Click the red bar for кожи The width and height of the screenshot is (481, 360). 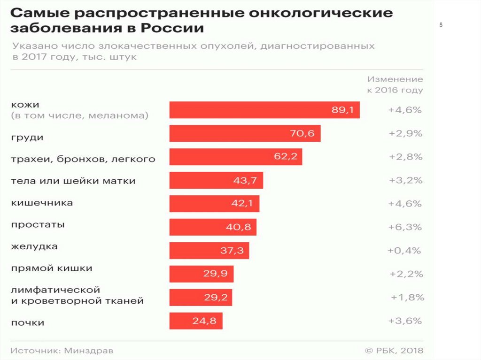pos(264,110)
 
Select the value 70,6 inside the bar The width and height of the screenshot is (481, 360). pos(302,133)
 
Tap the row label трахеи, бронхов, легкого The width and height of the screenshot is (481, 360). pos(83,159)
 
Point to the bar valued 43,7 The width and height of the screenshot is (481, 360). pos(216,180)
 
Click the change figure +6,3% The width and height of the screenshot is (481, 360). pos(405,227)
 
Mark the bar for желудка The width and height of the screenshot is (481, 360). pos(209,251)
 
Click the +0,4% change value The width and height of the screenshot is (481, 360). pos(404,251)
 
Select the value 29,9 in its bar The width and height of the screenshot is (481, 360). pos(215,274)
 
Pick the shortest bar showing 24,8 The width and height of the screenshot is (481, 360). pos(195,321)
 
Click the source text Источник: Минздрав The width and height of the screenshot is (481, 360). pos(62,351)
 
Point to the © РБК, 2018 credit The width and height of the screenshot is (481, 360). pos(394,351)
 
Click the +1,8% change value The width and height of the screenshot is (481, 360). pos(407,297)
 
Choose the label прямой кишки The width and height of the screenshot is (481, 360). pos(51,268)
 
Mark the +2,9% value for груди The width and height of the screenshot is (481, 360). pos(405,133)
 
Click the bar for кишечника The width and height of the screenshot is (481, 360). pos(214,204)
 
